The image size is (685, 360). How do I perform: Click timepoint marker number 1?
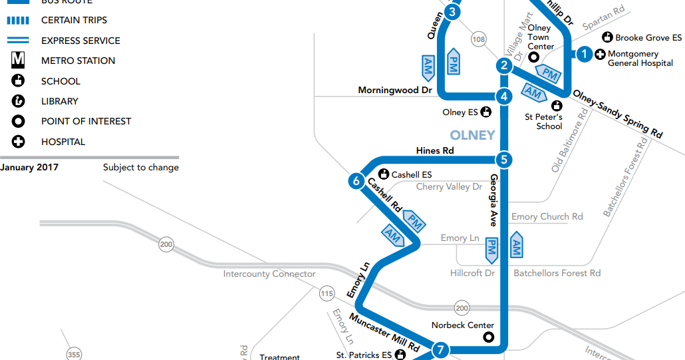584,55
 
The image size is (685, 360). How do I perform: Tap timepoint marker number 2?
505,66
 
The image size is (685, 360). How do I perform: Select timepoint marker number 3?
452,12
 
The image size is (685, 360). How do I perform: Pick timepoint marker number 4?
505,96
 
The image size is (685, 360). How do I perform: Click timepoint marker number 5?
504,160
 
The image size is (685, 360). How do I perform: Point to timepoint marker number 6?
356,180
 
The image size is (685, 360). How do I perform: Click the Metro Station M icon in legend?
18,61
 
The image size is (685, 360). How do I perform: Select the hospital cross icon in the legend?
18,142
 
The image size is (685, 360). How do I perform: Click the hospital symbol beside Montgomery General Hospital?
599,54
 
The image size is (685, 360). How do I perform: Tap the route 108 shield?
478,39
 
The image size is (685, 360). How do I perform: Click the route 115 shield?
327,293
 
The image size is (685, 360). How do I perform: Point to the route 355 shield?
74,355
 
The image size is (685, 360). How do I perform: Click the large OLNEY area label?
473,135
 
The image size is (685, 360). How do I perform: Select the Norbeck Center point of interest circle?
489,337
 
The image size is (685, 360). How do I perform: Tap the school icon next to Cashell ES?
384,174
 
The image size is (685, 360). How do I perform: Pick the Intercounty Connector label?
269,274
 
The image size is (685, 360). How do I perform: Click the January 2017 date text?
29,167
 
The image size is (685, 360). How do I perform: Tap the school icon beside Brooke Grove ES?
607,37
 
